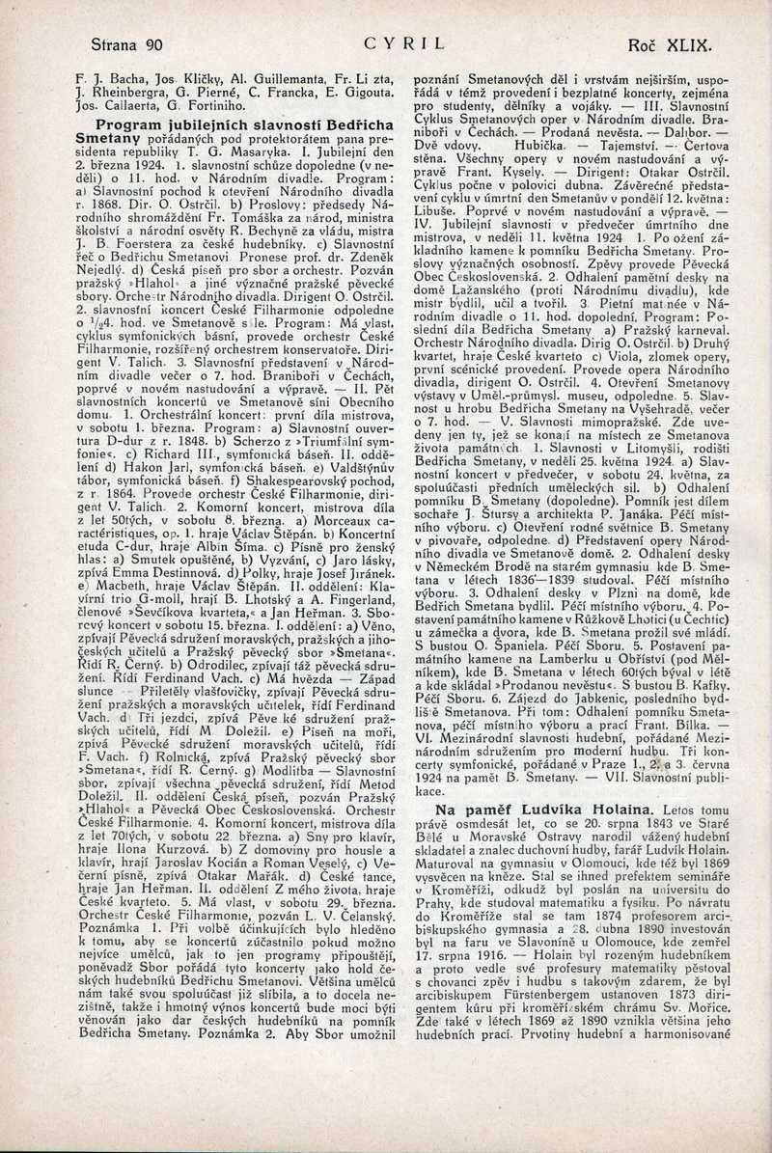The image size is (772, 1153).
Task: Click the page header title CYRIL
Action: click(x=404, y=43)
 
